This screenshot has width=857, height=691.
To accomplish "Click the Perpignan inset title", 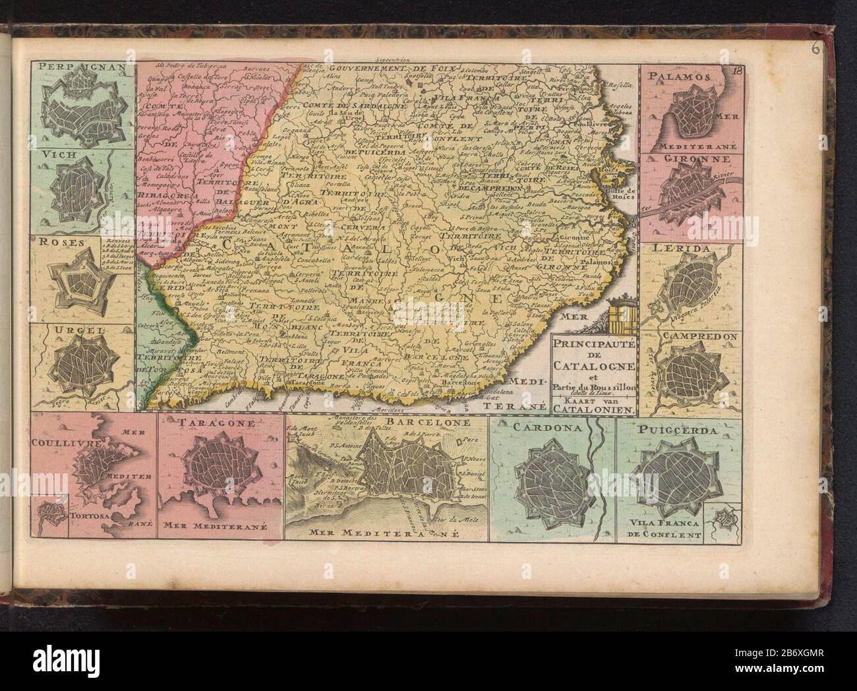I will [67, 67].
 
